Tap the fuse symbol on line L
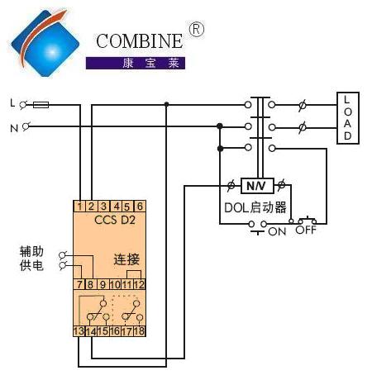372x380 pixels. point(41,105)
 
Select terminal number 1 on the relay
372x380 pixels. point(79,207)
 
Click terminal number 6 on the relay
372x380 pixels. point(140,207)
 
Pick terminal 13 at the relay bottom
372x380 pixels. point(79,331)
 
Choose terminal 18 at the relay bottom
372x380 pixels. point(140,331)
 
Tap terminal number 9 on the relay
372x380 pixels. point(103,284)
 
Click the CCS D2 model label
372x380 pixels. point(115,220)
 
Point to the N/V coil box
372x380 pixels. point(257,186)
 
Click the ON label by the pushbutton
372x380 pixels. point(277,231)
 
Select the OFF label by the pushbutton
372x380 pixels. point(306,230)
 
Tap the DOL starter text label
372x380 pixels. point(255,207)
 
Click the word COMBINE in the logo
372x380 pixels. point(139,41)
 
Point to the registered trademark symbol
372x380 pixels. point(197,30)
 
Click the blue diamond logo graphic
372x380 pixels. point(45,43)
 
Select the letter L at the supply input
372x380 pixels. point(12,103)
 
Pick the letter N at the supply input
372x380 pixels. point(14,128)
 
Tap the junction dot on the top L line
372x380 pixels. point(166,104)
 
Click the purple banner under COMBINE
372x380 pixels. point(136,63)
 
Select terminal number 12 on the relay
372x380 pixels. point(140,284)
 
